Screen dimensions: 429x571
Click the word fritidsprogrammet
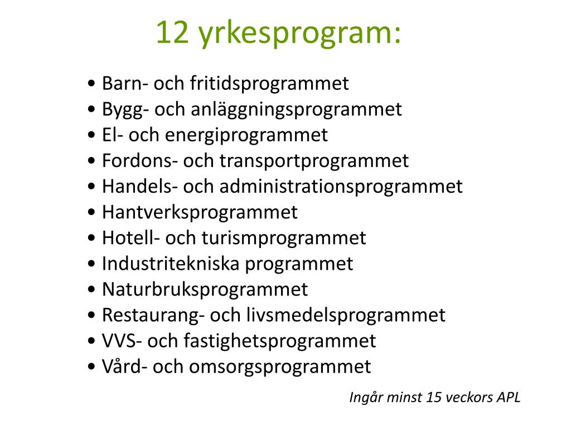pos(269,84)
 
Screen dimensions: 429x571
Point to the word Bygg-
pos(125,109)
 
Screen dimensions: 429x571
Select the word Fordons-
pos(139,161)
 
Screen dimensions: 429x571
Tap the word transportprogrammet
pos(314,161)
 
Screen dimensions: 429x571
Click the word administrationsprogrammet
pos(341,187)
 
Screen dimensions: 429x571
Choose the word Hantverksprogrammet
pos(200,212)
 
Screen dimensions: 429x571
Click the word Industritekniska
pos(171,264)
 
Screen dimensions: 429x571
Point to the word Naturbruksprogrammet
pos(205,289)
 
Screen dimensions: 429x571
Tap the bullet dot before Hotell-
pos(91,239)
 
